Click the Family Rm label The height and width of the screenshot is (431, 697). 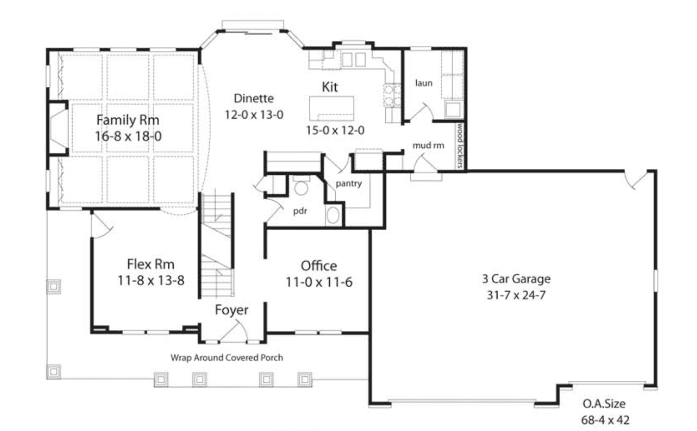pos(128,120)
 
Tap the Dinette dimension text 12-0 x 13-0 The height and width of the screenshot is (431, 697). pos(254,115)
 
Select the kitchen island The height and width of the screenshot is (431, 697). pos(332,108)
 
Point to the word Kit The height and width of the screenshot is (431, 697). pos(330,87)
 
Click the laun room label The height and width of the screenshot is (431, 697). pos(424,83)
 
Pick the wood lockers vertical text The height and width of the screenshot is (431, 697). pos(460,145)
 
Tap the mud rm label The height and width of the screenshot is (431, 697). pos(429,145)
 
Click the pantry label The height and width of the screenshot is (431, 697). pos(348,184)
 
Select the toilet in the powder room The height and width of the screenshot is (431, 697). pos(301,186)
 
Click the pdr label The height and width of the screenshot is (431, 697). pos(300,211)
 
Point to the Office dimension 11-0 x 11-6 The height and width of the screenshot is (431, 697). pos(319,282)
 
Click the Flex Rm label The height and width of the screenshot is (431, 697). pos(151,264)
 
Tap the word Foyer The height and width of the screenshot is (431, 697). pos(232,310)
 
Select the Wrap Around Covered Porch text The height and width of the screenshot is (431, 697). pos(227,358)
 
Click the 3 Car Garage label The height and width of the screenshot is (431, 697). pos(516,279)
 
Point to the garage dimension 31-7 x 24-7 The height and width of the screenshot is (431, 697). pos(516,295)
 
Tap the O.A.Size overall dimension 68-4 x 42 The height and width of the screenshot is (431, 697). pos(605,420)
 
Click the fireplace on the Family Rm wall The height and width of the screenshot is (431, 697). pos(58,128)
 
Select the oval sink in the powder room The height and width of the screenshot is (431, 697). pos(333,215)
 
